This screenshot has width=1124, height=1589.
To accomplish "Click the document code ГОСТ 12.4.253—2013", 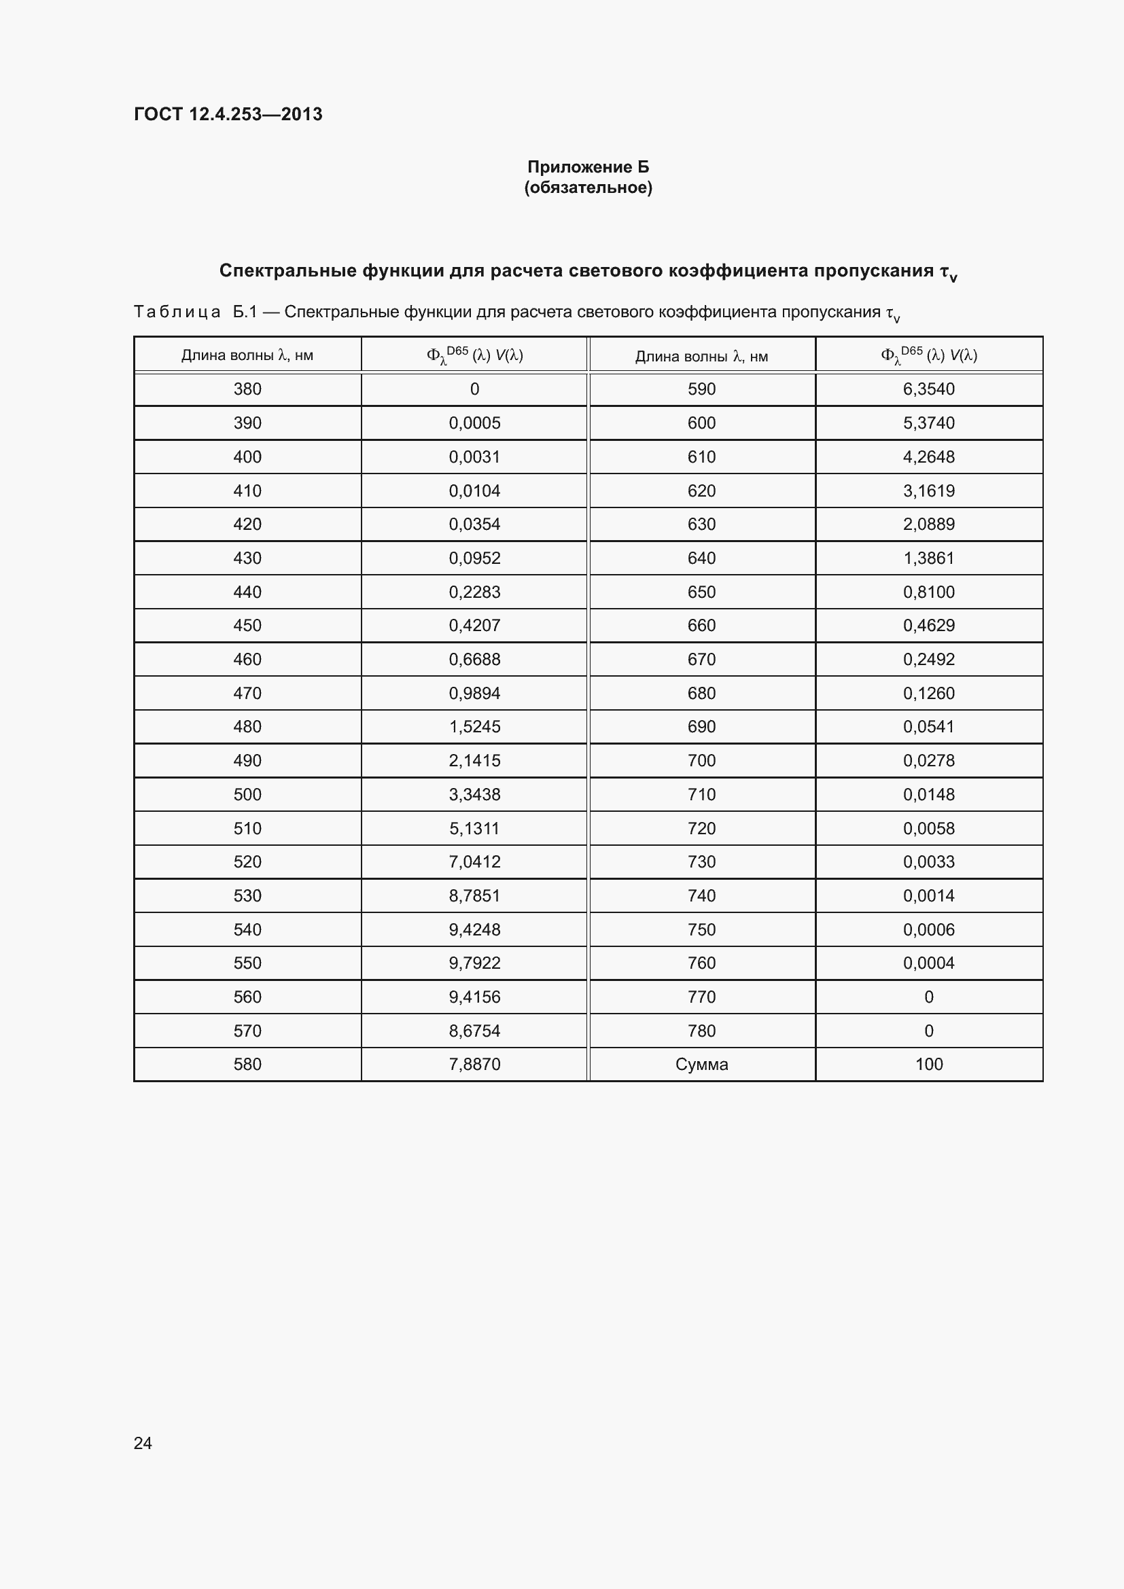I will [x=228, y=114].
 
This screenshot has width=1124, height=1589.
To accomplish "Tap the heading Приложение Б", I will [x=588, y=167].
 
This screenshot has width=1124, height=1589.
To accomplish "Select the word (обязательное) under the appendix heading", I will [x=588, y=188].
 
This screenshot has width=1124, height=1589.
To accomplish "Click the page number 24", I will [x=143, y=1443].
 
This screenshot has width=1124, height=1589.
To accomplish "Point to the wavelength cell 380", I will [x=247, y=389].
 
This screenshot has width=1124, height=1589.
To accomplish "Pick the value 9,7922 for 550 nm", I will [x=474, y=963].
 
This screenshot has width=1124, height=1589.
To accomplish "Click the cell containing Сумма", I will [x=701, y=1064].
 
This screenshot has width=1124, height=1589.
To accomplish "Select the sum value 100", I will [x=928, y=1064].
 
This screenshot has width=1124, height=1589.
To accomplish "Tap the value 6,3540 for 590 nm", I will [x=928, y=389].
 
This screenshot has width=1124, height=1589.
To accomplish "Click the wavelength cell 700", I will [x=701, y=761].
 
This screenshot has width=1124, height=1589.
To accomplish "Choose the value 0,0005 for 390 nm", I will [x=474, y=423].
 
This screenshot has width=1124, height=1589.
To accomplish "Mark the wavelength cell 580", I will [x=247, y=1064].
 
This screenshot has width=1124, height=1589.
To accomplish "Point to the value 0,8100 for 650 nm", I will [x=928, y=592].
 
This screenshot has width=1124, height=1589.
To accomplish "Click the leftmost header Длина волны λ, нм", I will [x=247, y=356].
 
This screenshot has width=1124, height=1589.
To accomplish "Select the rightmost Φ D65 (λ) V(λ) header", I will [x=928, y=356].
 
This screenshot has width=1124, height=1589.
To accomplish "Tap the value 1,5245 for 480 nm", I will [x=474, y=727].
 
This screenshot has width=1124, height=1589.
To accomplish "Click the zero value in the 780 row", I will [x=928, y=1031].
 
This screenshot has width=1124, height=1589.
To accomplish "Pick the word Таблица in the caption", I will [x=177, y=312].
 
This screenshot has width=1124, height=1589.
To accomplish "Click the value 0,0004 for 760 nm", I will [x=928, y=963].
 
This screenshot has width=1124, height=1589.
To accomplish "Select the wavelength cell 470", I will [x=247, y=693].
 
